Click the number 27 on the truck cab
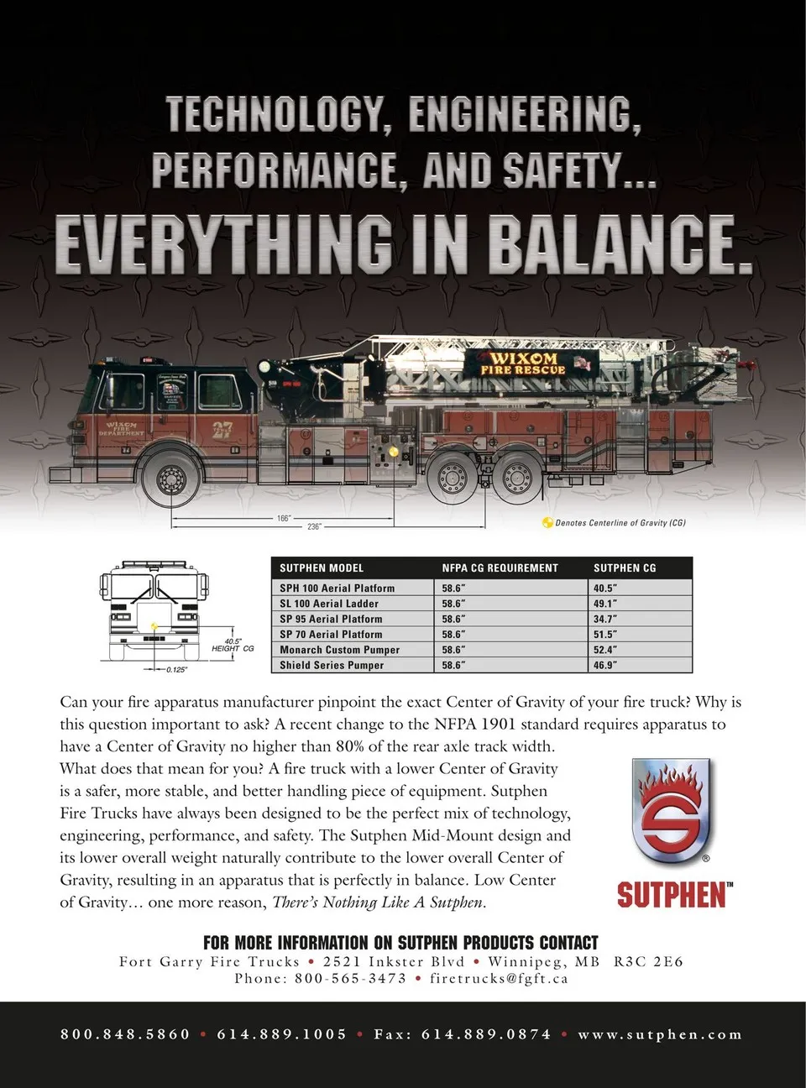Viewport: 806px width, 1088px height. coord(222,430)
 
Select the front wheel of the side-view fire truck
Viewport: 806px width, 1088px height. coord(172,479)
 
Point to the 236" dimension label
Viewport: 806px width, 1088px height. coord(314,526)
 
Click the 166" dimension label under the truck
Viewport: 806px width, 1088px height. coord(284,518)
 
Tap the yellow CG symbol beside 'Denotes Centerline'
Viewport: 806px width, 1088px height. coord(547,523)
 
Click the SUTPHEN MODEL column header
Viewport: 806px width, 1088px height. coord(322,568)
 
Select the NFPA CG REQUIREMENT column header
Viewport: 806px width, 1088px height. coord(500,568)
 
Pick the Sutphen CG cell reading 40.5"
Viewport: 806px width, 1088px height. coord(605,588)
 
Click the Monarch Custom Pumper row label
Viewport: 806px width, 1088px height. coord(339,650)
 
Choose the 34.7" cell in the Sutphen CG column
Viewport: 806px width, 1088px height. coord(605,619)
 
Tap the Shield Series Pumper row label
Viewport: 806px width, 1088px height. coord(332,665)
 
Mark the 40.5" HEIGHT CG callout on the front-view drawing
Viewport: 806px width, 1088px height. coord(233,645)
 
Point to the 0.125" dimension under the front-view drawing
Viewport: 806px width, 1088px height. coord(176,670)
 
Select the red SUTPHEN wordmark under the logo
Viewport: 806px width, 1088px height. coord(673,895)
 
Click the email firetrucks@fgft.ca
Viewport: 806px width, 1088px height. coord(499,978)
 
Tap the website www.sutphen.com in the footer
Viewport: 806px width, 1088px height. coord(660,1034)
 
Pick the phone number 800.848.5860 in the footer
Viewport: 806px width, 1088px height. coord(125,1034)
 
